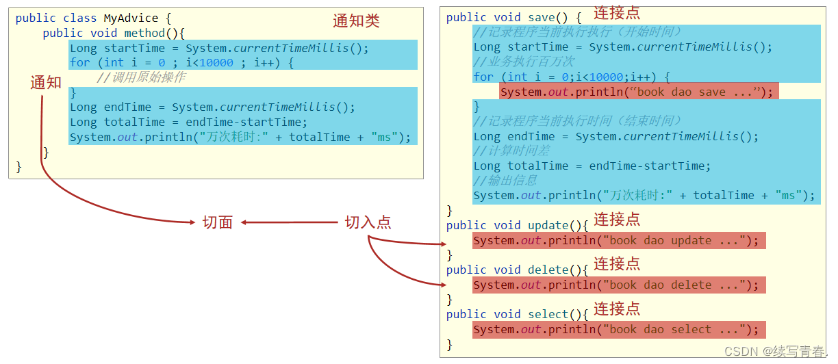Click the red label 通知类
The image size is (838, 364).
coord(356,21)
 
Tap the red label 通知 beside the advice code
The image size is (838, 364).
coord(46,82)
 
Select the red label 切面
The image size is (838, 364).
coord(218,222)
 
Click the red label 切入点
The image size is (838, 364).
coord(368,222)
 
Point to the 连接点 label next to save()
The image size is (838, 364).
coord(617,14)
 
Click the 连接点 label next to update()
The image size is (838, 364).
coord(617,220)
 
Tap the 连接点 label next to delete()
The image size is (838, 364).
coord(617,264)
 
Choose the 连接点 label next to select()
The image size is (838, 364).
coord(617,309)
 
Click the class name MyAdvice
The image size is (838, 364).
coord(131,18)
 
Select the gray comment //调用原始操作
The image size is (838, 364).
coord(141,77)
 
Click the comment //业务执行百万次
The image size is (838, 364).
coord(524,62)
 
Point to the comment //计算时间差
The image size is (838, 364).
coord(511,151)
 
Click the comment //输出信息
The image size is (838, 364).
coord(505,181)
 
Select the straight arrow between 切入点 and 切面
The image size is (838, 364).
coord(290,222)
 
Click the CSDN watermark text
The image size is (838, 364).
coord(775,351)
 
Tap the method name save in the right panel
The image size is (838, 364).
coord(542,17)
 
